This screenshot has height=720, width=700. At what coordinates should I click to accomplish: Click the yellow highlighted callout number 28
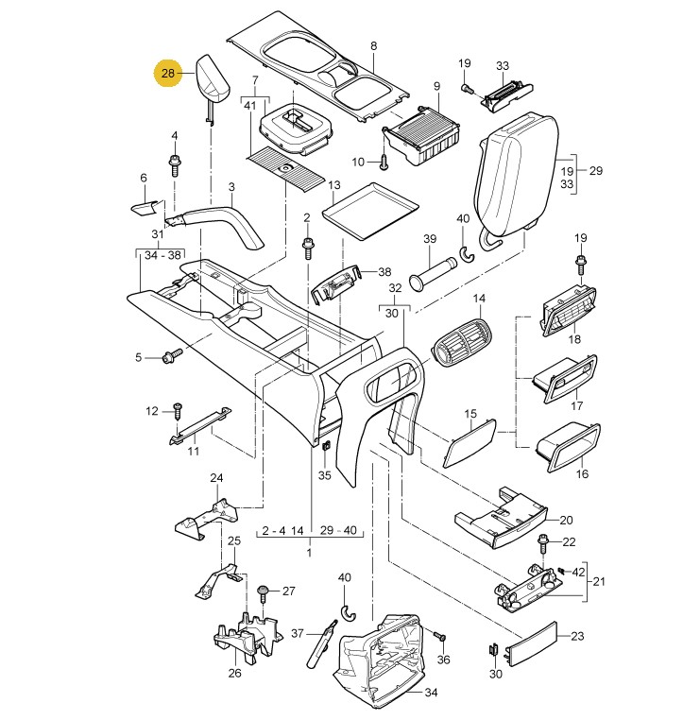click(x=168, y=74)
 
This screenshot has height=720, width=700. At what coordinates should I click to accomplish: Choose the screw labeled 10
click(x=384, y=161)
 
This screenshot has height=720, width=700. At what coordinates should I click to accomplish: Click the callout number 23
click(x=578, y=637)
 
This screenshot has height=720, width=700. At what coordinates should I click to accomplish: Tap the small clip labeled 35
click(x=324, y=446)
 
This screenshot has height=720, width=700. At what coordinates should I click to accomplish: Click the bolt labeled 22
click(x=544, y=542)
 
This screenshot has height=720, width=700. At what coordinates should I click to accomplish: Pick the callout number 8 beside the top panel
click(x=373, y=46)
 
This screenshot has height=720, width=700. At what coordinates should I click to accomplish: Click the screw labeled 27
click(x=264, y=593)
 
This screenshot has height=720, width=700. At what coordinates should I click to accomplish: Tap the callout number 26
click(x=235, y=673)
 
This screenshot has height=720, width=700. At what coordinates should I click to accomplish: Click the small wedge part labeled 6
click(x=145, y=205)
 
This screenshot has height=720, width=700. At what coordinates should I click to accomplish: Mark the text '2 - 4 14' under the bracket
click(x=282, y=531)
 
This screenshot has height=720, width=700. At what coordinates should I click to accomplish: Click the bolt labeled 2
click(x=308, y=248)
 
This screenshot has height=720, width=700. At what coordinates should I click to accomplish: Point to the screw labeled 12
click(x=177, y=412)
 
